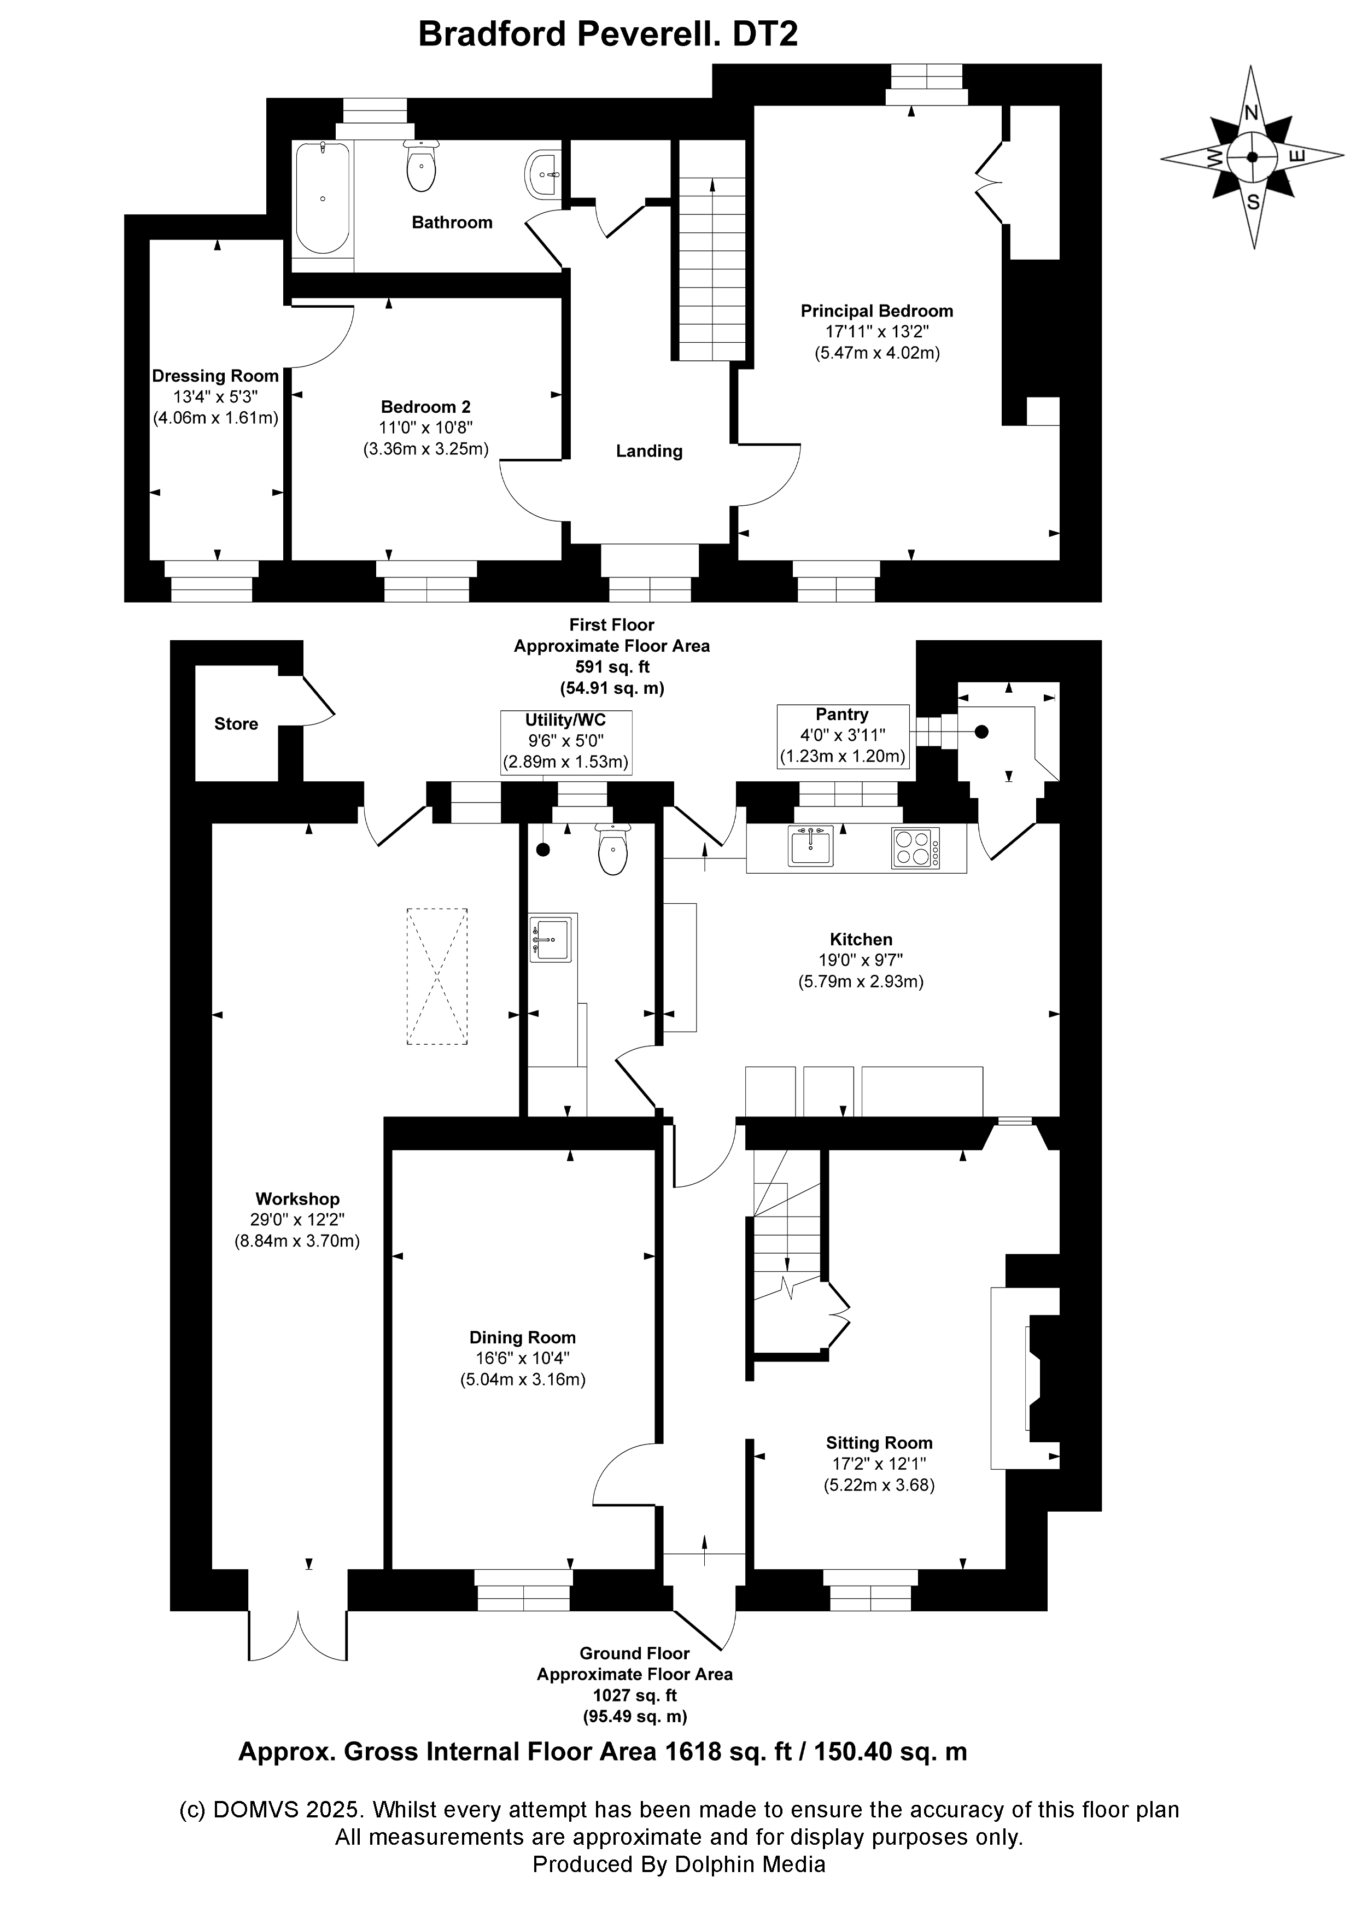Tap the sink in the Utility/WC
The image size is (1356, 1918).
click(552, 938)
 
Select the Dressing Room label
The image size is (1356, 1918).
click(215, 376)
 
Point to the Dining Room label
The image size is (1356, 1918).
click(522, 1337)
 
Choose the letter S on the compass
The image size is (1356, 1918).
click(1253, 201)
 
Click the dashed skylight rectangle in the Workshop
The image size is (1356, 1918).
click(437, 976)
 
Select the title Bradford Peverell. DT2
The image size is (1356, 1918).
click(607, 34)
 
